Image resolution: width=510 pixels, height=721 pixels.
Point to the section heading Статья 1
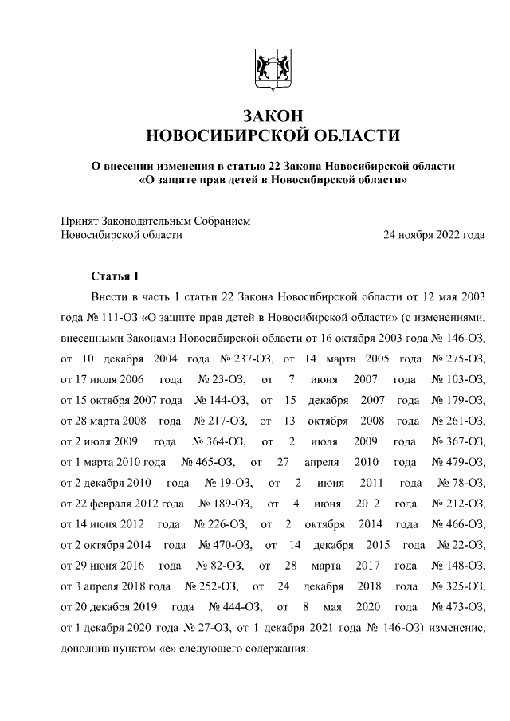pyautogui.click(x=116, y=276)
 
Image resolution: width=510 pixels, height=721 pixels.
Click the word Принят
pyautogui.click(x=80, y=220)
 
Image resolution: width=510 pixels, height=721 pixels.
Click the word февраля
pyautogui.click(x=116, y=504)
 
